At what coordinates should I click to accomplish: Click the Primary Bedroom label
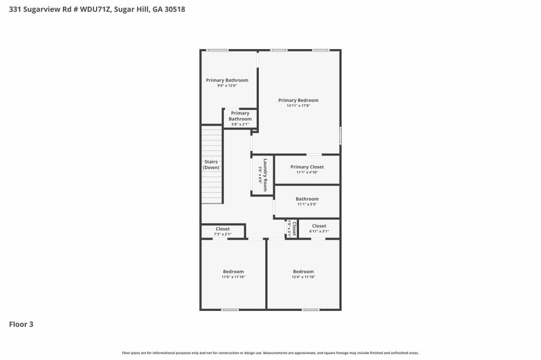pos(298,100)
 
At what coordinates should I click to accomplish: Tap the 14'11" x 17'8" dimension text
pos(298,106)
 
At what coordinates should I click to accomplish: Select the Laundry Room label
pos(266,175)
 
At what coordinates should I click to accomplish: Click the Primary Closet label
pos(307,167)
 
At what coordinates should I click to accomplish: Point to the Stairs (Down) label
pos(211,165)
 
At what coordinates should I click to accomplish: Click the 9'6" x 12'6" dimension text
pos(227,86)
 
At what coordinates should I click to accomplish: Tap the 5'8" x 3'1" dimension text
pos(240,125)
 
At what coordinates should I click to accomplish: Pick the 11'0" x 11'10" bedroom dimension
pos(233,277)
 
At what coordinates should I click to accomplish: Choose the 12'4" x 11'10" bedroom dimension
pos(303,277)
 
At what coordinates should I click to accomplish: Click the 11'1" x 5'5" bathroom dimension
pos(307,204)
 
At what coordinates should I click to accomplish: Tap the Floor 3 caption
pos(21,324)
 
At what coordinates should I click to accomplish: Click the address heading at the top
pos(97,9)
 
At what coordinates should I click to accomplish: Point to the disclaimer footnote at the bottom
pos(270,353)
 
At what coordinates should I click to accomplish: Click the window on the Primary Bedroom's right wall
pos(340,136)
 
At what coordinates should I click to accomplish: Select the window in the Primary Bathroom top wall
pos(217,50)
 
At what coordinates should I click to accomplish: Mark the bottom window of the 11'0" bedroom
pos(230,309)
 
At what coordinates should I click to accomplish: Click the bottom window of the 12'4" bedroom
pos(311,309)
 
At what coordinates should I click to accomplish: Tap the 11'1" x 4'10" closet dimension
pos(307,172)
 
